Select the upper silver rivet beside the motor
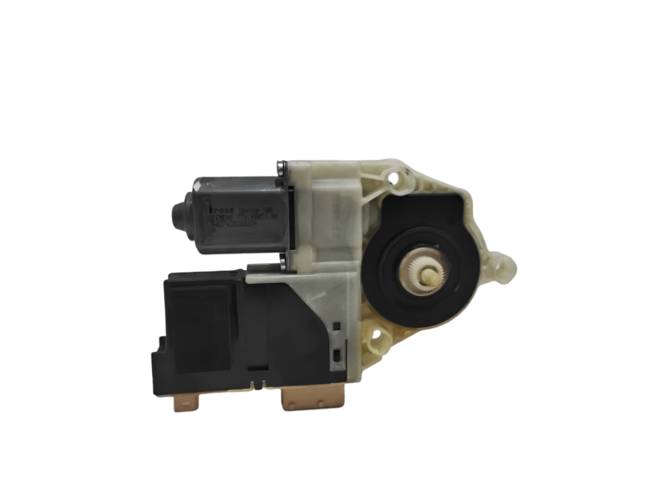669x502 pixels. tap(281, 167)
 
